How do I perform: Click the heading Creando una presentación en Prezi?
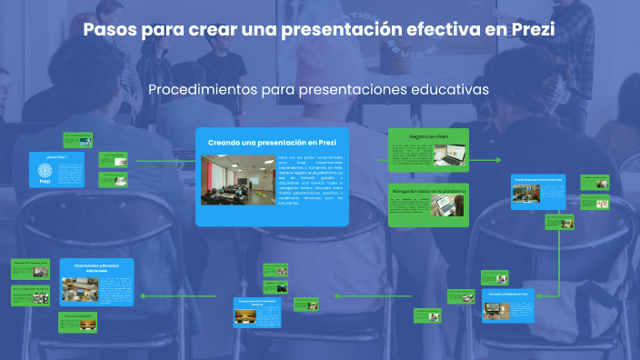(x=272, y=143)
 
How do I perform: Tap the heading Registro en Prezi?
(x=429, y=136)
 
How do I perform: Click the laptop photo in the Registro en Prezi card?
(x=449, y=155)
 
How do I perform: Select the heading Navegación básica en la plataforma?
(x=428, y=192)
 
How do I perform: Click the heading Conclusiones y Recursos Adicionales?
(x=96, y=268)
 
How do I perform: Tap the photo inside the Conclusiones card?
(x=79, y=290)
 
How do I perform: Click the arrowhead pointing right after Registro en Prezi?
(x=498, y=160)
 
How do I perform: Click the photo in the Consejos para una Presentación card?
(x=245, y=315)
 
